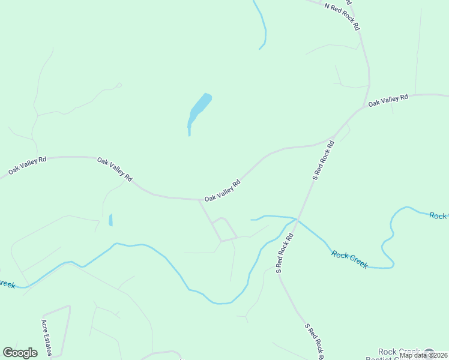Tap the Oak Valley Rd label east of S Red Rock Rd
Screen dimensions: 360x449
(x=388, y=100)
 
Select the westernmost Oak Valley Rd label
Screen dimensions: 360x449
(x=28, y=166)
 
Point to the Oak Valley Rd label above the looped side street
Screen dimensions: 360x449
(x=222, y=190)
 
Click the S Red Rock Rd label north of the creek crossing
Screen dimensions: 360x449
(x=322, y=160)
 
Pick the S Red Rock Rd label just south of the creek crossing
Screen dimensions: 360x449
(x=284, y=253)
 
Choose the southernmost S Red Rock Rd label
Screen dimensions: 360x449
(x=314, y=340)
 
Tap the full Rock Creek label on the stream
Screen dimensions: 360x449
(x=349, y=259)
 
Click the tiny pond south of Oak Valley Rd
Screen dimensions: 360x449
(x=110, y=220)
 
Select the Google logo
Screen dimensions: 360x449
(x=20, y=353)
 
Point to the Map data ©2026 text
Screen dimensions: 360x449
(x=423, y=355)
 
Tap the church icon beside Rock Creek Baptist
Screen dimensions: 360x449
(x=429, y=353)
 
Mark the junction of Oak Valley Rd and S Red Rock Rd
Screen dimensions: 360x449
(x=332, y=139)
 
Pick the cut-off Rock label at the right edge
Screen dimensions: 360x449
(x=438, y=216)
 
